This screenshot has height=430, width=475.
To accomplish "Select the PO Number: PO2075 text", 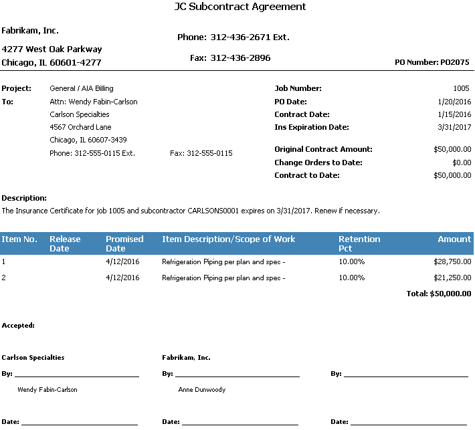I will (432, 63).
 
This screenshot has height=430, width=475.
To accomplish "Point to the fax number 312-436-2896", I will (240, 59).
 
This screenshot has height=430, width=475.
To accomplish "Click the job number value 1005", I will (462, 88).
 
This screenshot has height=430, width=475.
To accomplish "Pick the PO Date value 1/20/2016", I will (454, 102).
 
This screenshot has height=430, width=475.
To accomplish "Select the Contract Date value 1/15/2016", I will (454, 114).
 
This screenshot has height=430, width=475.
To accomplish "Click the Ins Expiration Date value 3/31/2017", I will (454, 127).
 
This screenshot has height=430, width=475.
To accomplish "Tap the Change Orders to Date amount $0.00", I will (462, 163).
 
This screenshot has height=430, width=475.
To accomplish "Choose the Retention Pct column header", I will (359, 243).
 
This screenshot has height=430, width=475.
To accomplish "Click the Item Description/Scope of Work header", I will (228, 239).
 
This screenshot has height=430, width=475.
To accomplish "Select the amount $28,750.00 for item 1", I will (452, 262).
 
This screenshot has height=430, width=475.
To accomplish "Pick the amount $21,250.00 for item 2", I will (452, 278).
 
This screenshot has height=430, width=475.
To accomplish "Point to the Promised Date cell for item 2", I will (122, 278).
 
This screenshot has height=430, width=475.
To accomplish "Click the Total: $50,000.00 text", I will (438, 294).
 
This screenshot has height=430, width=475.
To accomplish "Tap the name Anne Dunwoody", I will (201, 390).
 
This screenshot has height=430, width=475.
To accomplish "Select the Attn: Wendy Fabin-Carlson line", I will (94, 102).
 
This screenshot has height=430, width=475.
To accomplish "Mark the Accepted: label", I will (18, 326).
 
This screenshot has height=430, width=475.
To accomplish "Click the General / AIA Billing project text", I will (82, 88).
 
